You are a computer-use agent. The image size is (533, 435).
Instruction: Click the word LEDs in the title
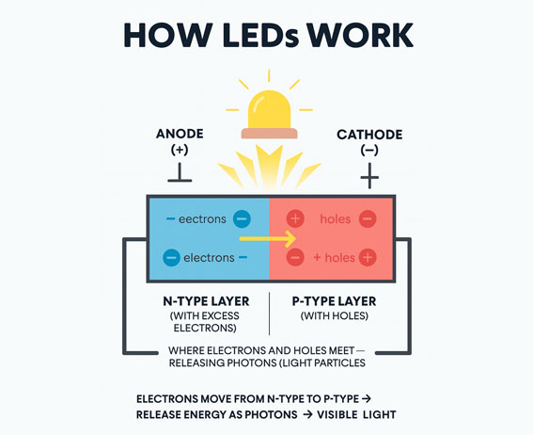click(260, 35)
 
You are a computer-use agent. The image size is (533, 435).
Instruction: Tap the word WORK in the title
click(360, 35)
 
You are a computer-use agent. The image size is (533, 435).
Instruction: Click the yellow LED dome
click(269, 109)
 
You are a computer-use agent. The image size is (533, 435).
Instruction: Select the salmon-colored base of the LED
click(269, 133)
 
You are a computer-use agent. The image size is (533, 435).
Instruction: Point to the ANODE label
click(180, 134)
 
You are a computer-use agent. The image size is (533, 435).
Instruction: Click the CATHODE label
click(369, 135)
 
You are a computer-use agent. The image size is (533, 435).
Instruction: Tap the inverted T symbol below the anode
click(180, 172)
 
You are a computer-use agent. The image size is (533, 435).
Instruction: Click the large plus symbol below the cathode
click(369, 176)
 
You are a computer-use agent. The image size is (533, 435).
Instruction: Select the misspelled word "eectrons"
click(202, 219)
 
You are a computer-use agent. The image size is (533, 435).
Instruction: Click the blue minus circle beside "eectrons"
click(242, 218)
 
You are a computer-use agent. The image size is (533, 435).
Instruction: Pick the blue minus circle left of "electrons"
click(171, 257)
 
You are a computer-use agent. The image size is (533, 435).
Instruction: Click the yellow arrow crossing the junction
click(268, 239)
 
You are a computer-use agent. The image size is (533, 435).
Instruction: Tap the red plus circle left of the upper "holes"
click(295, 218)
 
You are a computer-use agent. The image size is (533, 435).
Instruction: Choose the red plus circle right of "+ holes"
click(368, 257)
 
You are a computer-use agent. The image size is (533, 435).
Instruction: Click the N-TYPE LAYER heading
click(206, 301)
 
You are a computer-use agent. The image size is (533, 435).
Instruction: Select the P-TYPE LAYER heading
click(334, 301)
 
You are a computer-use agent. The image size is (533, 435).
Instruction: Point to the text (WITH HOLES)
click(334, 315)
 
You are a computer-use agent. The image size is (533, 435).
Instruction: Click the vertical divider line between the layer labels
click(270, 314)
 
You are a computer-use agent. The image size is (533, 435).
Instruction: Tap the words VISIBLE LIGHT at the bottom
click(356, 414)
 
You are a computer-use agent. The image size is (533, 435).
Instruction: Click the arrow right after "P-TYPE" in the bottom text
click(367, 398)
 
